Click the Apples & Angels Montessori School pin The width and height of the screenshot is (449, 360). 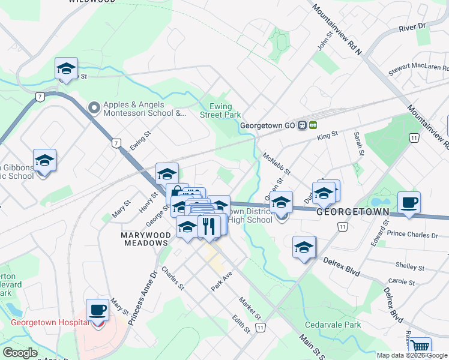pyautogui.click(x=94, y=108)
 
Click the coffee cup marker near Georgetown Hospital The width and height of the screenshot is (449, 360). pyautogui.click(x=97, y=310)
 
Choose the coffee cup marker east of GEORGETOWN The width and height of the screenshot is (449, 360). pyautogui.click(x=409, y=203)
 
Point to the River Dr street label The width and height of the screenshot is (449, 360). pyautogui.click(x=411, y=28)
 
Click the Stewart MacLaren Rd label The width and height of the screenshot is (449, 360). pyautogui.click(x=419, y=68)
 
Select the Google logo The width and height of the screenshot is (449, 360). pyautogui.click(x=20, y=352)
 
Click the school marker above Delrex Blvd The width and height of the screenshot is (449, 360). pyautogui.click(x=304, y=247)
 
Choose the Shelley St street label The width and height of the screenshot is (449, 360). pyautogui.click(x=410, y=265)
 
